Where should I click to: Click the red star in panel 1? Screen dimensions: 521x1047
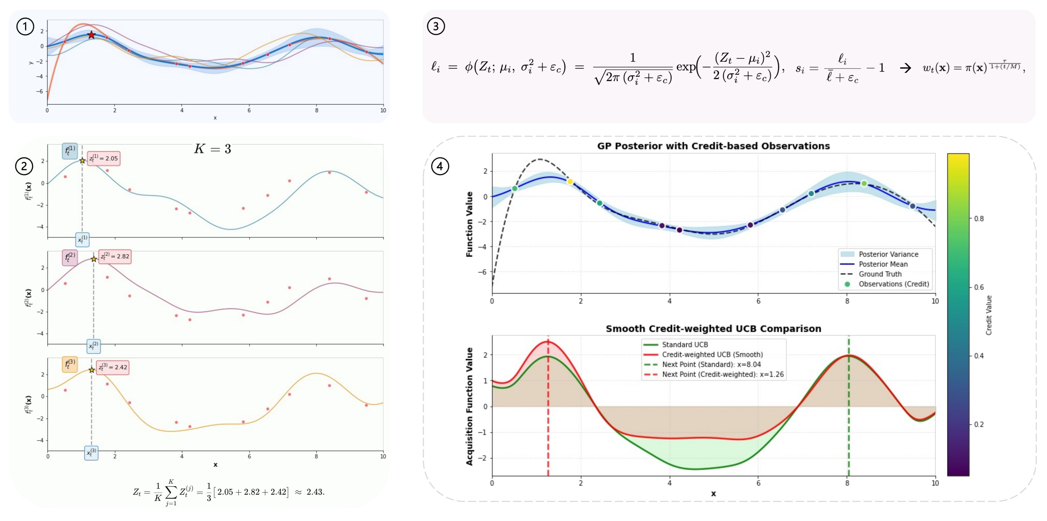pyautogui.click(x=92, y=35)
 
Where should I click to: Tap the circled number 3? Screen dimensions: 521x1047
pyautogui.click(x=436, y=26)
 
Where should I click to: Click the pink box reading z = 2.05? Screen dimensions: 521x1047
pyautogui.click(x=104, y=158)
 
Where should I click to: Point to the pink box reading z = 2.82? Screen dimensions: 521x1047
pyautogui.click(x=115, y=256)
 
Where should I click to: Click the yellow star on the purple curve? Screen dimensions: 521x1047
pyautogui.click(x=94, y=259)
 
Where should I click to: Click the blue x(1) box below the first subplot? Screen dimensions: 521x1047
pyautogui.click(x=82, y=240)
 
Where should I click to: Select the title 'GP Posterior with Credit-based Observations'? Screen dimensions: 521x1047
pyautogui.click(x=713, y=146)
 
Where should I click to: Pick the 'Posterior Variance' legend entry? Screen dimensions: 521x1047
pyautogui.click(x=888, y=254)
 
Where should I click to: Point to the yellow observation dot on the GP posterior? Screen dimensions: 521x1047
pyautogui.click(x=570, y=182)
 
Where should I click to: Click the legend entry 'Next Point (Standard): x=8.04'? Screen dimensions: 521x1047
pyautogui.click(x=711, y=365)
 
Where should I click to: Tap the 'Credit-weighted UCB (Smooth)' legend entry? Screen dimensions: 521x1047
pyautogui.click(x=712, y=355)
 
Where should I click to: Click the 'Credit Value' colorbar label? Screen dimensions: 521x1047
pyautogui.click(x=989, y=315)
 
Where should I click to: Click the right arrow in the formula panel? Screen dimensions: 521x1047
pyautogui.click(x=905, y=68)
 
